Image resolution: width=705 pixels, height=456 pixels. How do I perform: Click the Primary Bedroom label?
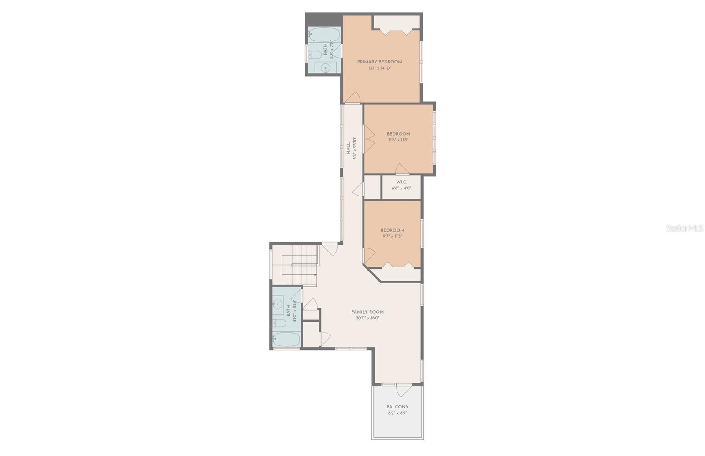379,62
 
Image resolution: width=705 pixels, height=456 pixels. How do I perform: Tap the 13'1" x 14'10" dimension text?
379,68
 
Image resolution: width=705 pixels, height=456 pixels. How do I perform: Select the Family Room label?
367,312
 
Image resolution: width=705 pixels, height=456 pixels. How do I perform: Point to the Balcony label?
397,407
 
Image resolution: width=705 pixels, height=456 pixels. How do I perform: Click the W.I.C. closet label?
401,182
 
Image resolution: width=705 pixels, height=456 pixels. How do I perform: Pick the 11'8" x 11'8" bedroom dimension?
398,140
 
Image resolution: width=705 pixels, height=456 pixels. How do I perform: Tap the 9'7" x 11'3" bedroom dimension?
392,236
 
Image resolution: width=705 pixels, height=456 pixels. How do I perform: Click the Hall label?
348,148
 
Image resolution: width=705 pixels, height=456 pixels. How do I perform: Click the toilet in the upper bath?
315,55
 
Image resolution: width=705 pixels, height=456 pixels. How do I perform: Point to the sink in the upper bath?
325,67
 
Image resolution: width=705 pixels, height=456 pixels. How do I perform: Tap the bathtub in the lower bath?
286,339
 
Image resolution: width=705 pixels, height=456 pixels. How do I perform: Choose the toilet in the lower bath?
279,323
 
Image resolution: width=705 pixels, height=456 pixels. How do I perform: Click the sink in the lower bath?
278,304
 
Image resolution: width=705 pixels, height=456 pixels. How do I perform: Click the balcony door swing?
403,390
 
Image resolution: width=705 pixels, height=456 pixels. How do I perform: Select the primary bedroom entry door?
352,97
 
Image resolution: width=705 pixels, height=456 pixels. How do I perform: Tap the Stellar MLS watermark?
684,228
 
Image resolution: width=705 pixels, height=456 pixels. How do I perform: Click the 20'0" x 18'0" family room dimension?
367,318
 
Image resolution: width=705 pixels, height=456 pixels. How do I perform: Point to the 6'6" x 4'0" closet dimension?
401,188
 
